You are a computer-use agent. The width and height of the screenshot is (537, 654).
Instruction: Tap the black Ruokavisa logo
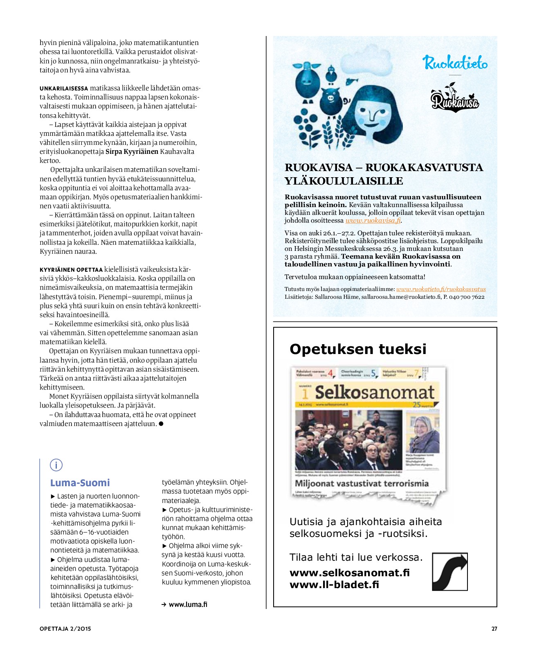tap(454, 99)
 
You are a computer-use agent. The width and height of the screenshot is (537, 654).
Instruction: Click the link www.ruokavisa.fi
tap(373, 221)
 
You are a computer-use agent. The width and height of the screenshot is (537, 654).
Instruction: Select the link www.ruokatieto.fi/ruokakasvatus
tap(440, 289)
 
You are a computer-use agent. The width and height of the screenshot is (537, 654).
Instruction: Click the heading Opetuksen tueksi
tap(358, 349)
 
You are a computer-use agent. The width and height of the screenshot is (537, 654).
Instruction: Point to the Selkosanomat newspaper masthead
tap(374, 392)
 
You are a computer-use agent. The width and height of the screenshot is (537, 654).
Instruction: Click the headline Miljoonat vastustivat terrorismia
tap(362, 483)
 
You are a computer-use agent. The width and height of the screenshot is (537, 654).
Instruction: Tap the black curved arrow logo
tap(449, 571)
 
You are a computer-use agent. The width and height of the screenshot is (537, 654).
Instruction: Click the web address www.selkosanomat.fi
tap(350, 573)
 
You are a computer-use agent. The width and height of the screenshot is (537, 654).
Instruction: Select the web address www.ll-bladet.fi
tap(334, 584)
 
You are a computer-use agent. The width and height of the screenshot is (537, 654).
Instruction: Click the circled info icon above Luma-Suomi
tap(56, 465)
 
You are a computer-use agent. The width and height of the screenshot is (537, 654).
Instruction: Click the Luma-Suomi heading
tap(80, 483)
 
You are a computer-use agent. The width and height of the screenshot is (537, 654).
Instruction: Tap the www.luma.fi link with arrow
tap(185, 604)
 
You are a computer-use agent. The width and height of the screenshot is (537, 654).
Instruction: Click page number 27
tap(494, 629)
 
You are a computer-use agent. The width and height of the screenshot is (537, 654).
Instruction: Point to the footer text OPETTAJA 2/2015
tap(65, 629)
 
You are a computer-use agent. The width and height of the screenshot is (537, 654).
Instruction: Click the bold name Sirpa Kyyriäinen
tap(132, 151)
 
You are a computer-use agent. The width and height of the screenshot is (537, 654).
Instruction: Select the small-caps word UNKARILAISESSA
tap(64, 88)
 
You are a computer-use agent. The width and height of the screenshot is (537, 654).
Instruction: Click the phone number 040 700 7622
tap(467, 297)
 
